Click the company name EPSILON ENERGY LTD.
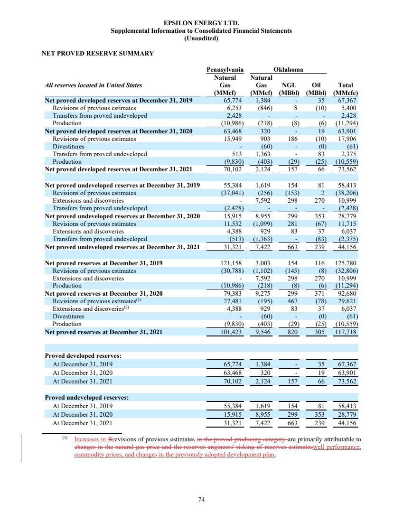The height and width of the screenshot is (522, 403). pyautogui.click(x=201, y=23)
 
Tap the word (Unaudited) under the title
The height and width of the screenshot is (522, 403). pyautogui.click(x=201, y=38)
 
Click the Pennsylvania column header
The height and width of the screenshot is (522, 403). pyautogui.click(x=225, y=70)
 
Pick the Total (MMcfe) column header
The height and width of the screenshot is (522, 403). pyautogui.click(x=346, y=89)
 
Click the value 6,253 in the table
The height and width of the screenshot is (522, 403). pyautogui.click(x=234, y=108)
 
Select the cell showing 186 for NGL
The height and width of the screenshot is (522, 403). pyautogui.click(x=291, y=139)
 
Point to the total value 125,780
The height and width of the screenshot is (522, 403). pyautogui.click(x=347, y=262)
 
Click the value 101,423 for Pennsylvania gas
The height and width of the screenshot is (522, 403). pyautogui.click(x=233, y=332)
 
